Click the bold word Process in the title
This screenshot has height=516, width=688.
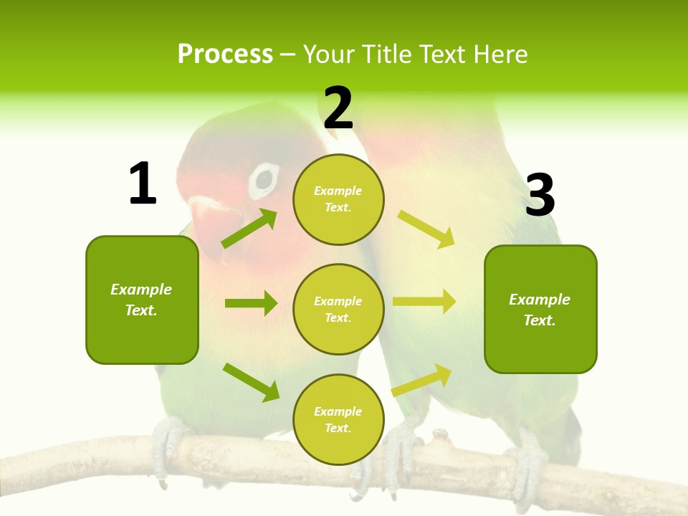[x=225, y=54]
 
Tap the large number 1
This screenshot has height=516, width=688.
[x=143, y=184]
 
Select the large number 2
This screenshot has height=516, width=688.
[x=338, y=108]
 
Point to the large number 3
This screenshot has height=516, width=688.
[x=540, y=196]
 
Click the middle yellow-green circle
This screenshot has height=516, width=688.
[x=338, y=309]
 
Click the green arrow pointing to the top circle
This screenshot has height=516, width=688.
[x=249, y=229]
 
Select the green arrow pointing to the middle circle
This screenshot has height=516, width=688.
[x=251, y=303]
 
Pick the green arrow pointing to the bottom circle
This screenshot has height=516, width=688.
[x=252, y=382]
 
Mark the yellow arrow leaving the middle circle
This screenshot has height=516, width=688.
[x=424, y=301]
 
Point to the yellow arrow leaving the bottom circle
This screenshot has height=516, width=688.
[x=422, y=380]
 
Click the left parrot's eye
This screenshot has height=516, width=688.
[x=264, y=181]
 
